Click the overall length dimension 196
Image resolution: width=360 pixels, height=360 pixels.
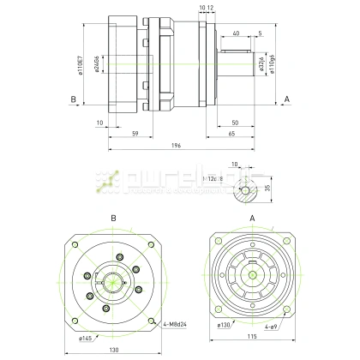tap(176, 146)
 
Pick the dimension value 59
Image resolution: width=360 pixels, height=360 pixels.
tap(111, 133)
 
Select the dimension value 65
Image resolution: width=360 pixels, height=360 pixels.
tap(232, 133)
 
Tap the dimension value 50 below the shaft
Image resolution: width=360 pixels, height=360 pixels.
tap(235, 123)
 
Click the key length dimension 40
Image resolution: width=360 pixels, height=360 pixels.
tap(235, 33)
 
